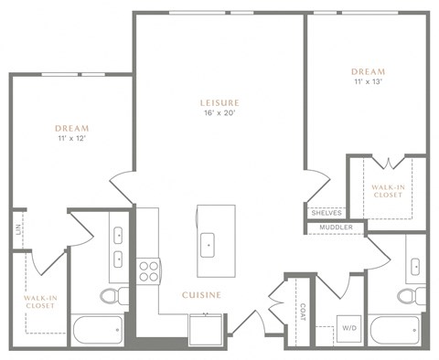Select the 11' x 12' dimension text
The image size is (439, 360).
[x=71, y=140]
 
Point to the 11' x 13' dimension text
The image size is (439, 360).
[x=368, y=82]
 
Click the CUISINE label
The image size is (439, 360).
[x=203, y=294]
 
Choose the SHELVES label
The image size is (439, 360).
[x=327, y=213]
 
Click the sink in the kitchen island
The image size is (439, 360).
[x=209, y=243]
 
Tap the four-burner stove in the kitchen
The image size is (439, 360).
[x=148, y=270]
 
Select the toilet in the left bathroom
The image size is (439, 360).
[x=111, y=296]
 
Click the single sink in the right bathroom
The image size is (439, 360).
[x=415, y=267]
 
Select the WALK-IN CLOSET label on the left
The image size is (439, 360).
[x=39, y=302]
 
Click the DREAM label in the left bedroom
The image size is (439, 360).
[x=71, y=129]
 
